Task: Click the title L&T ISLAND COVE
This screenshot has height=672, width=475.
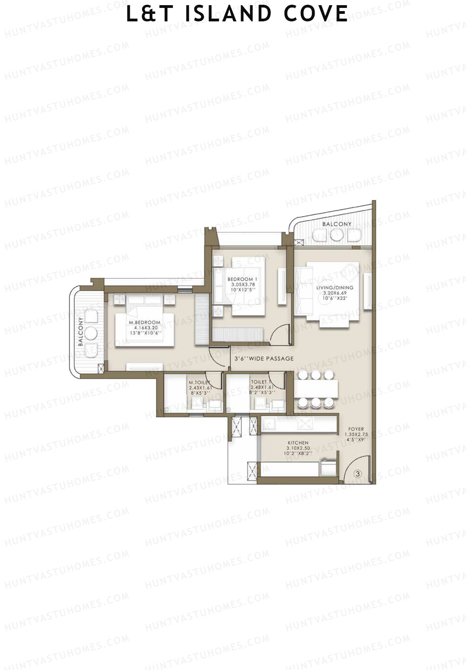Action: (237, 14)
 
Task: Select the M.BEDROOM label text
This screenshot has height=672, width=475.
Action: (144, 322)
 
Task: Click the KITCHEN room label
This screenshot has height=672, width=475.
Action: (298, 443)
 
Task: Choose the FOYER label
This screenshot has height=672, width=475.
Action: (356, 429)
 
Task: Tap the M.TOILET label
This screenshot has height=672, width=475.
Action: (199, 383)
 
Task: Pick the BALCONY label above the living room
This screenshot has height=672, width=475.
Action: (336, 224)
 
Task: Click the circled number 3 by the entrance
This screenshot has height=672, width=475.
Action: (357, 474)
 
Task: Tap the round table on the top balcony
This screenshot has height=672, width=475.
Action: (336, 235)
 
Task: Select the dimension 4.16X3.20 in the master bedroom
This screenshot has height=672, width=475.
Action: (144, 328)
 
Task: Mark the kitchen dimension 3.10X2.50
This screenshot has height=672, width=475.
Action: (298, 448)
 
